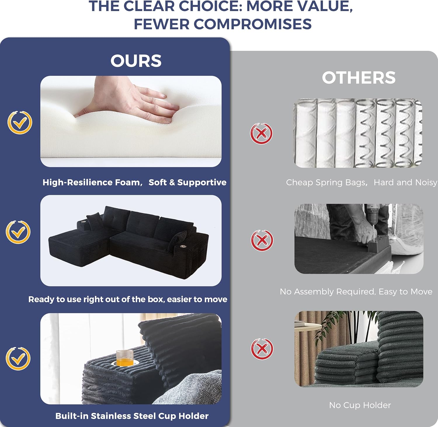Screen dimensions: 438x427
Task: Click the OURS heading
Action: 136,61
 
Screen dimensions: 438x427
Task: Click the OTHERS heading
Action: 359,78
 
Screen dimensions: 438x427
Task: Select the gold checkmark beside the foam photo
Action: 20,123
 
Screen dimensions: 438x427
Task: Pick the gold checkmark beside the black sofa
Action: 18,232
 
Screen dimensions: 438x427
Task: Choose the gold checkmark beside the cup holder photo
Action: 18,358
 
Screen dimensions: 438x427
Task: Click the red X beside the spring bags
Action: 261,134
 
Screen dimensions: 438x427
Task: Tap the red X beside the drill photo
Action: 262,240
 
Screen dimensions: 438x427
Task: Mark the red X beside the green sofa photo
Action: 262,349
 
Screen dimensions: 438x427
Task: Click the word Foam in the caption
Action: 127,183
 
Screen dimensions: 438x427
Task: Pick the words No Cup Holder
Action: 360,405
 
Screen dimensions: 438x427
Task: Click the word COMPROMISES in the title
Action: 253,24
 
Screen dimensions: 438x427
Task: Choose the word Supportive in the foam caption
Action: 202,183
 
